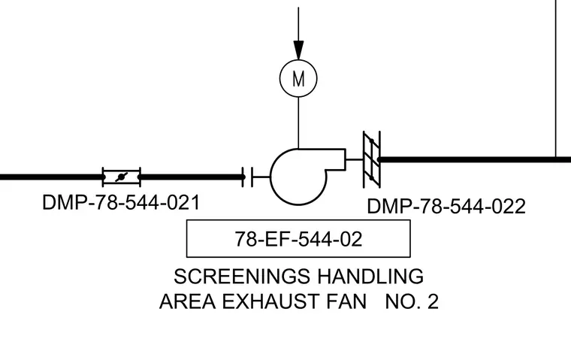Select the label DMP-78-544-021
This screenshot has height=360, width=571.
click(121, 203)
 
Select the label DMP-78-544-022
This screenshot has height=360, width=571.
click(446, 206)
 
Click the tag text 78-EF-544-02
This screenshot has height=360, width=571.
click(298, 240)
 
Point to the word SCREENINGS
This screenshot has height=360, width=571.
click(242, 276)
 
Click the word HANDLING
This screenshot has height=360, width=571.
click(370, 276)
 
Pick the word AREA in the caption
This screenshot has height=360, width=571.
click(187, 301)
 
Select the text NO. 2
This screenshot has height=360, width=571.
click(412, 301)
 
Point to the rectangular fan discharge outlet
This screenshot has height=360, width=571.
click(345, 159)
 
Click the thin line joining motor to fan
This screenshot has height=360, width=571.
click(298, 123)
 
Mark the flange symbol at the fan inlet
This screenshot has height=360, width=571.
click(252, 177)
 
